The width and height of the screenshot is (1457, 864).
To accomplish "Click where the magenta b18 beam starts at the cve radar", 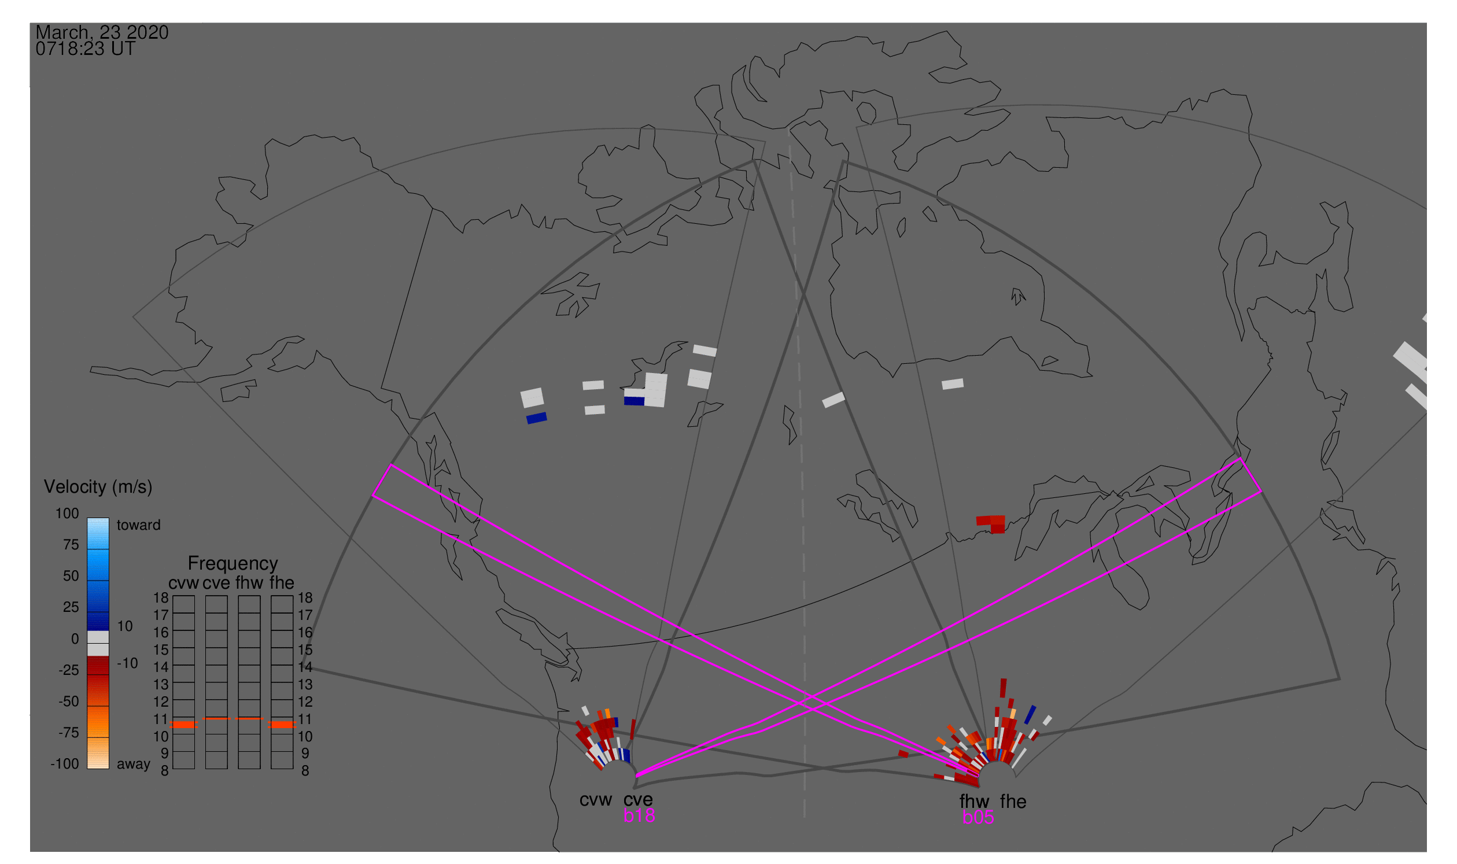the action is pyautogui.click(x=636, y=776).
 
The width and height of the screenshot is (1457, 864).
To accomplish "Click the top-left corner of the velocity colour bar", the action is pyautogui.click(x=87, y=518).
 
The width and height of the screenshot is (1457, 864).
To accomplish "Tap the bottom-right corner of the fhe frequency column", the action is pyautogui.click(x=293, y=769).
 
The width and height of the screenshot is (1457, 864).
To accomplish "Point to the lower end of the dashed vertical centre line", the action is pyautogui.click(x=804, y=817).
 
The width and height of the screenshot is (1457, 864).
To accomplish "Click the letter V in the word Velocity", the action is pyautogui.click(x=50, y=487).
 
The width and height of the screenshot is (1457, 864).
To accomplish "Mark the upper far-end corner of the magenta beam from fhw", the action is pyautogui.click(x=391, y=464).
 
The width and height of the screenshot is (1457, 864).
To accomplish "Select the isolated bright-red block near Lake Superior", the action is pyautogui.click(x=991, y=523).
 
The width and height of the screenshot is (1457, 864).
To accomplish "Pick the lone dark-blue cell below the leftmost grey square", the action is pyautogui.click(x=536, y=418).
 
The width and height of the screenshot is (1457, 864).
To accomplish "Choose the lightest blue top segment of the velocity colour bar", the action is pyautogui.click(x=98, y=533).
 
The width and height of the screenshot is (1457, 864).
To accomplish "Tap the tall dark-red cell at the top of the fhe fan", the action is pyautogui.click(x=1003, y=688).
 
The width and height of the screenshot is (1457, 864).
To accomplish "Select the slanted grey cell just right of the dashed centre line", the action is pyautogui.click(x=833, y=400).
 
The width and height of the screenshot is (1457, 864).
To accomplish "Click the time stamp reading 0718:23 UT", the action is pyautogui.click(x=86, y=49).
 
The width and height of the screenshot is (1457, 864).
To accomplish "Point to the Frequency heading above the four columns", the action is pyautogui.click(x=233, y=563).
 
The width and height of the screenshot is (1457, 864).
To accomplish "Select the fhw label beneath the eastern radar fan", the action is pyautogui.click(x=974, y=801).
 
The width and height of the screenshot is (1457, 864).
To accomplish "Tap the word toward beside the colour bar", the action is pyautogui.click(x=139, y=525).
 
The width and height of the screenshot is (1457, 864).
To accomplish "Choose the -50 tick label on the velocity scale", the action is pyautogui.click(x=69, y=701).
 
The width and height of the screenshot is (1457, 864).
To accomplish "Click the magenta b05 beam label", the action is pyautogui.click(x=978, y=817).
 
